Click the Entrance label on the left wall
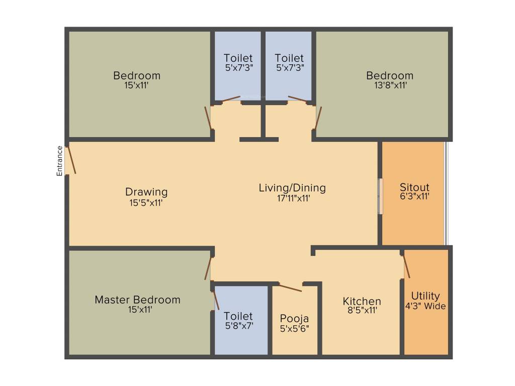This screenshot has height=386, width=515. (59, 160)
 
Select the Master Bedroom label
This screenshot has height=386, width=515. (137, 300)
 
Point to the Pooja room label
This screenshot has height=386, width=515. (294, 319)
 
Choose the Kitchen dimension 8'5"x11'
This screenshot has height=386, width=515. (361, 311)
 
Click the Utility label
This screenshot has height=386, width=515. (425, 296)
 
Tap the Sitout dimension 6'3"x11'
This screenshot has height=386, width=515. (414, 196)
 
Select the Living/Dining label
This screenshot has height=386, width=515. (292, 188)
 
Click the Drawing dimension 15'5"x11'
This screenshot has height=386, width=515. (146, 203)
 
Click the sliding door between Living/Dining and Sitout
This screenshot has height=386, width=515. (381, 196)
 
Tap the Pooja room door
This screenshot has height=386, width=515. (290, 287)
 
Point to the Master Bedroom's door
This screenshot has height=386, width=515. (208, 267)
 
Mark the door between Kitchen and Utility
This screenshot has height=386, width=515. (406, 265)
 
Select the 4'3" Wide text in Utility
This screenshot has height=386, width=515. (425, 306)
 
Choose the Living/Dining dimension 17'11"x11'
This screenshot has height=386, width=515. (292, 198)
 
